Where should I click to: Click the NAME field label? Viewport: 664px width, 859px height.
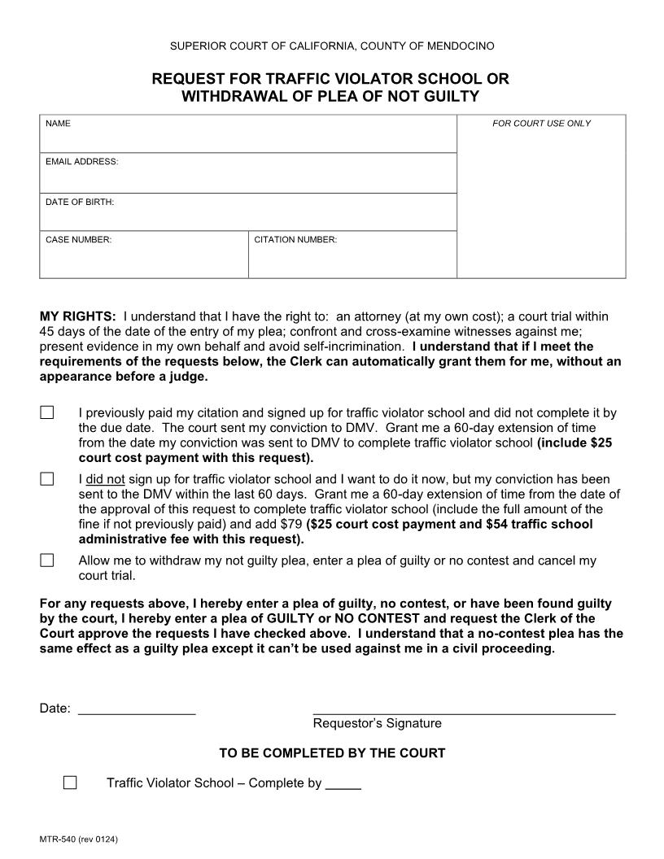point(58,124)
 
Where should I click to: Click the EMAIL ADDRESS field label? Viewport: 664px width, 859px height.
point(81,162)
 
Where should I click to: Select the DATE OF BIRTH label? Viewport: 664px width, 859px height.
point(80,202)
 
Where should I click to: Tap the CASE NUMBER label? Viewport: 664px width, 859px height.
point(78,240)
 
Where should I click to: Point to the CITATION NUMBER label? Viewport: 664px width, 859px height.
point(295,240)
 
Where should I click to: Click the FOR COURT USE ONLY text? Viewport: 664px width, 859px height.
point(541,124)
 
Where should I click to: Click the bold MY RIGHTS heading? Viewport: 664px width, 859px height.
point(78,316)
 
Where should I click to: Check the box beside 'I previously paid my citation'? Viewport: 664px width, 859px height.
point(47,412)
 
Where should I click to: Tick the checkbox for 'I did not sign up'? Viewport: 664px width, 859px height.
point(47,479)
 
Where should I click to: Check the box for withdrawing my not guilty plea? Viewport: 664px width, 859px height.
point(47,560)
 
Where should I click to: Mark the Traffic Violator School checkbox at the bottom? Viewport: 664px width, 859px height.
point(70,783)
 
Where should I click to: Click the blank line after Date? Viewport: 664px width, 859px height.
point(137,709)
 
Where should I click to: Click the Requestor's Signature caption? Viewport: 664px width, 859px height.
point(377,723)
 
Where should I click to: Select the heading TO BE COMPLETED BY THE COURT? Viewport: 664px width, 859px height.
point(332,753)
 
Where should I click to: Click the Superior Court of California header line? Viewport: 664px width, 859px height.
point(332,46)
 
